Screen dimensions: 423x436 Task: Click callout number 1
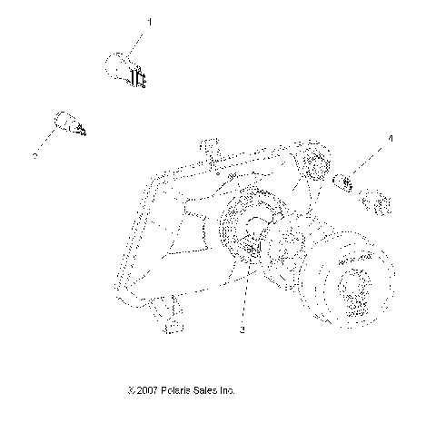151,20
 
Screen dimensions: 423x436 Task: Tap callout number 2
35,155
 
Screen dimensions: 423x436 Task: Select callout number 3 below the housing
243,332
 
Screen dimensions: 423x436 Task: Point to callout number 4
391,138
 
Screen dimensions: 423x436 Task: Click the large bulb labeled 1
120,67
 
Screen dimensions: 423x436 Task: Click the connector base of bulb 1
139,78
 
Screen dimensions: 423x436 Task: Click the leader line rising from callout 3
243,300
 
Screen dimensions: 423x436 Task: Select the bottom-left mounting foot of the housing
168,313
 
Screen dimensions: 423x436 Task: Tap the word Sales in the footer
209,390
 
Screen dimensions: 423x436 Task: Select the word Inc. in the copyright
229,390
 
